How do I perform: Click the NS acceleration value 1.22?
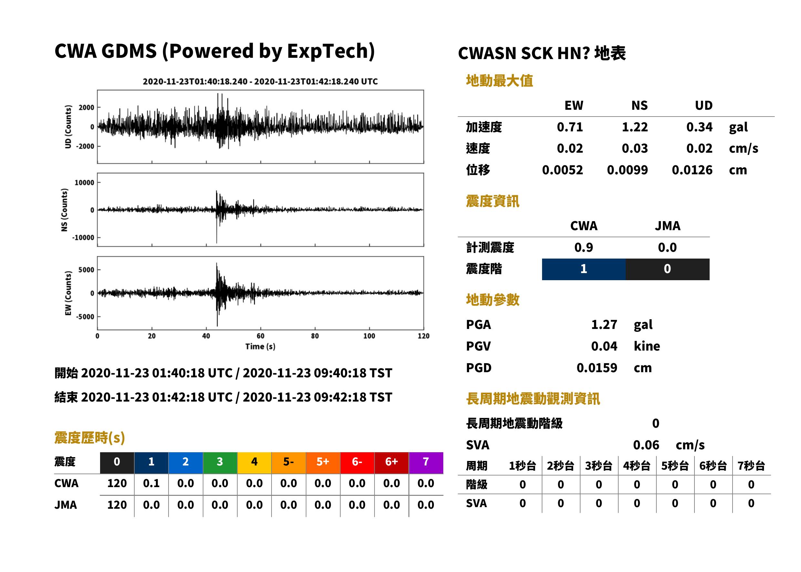634,127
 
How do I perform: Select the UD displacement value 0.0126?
692,170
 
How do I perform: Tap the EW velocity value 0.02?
570,148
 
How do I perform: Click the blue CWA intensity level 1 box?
584,269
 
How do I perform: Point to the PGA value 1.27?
604,324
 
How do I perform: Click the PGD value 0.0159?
597,368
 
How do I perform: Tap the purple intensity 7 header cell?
426,463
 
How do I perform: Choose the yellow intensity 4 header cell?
254,463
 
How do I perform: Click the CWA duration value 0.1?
151,483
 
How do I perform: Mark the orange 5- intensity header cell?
289,463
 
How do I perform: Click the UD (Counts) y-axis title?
68,127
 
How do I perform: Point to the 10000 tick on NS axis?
84,182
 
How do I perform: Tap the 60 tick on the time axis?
260,336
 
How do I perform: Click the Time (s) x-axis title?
260,347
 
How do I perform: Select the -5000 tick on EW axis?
85,317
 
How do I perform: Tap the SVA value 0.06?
646,445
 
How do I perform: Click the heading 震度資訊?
492,201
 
